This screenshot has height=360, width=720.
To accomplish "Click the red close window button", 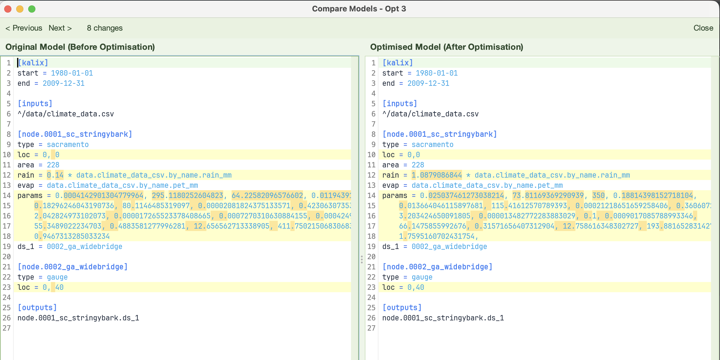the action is pos(8,9).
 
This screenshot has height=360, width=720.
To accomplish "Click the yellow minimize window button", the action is pos(20,9).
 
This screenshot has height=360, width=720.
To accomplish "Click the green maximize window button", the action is pos(32,9).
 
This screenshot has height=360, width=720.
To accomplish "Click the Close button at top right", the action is pos(703,28).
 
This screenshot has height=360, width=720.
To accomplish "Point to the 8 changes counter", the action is pos(105,28).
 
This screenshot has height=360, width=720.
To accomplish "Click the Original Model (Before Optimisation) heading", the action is pos(80,47).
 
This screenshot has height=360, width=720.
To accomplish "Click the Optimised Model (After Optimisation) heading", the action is pos(447,47).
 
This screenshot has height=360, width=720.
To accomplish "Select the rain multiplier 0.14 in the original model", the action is pos(55,175).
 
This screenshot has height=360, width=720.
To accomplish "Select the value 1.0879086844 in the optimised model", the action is pos(437,175).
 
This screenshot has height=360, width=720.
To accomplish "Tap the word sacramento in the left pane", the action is pos(68,144).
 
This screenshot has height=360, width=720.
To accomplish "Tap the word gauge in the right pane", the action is pos(422,277).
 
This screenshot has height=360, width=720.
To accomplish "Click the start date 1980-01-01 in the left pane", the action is pos(72,73).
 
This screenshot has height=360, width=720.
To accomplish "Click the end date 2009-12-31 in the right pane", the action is pos(428,83).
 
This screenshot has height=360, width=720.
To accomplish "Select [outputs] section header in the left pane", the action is pos(37,307).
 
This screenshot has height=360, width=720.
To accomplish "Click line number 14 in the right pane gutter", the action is pos(371,195).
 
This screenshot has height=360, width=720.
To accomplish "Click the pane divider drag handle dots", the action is pos(362,259).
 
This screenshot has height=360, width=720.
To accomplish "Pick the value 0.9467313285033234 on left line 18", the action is pos(72,236).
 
